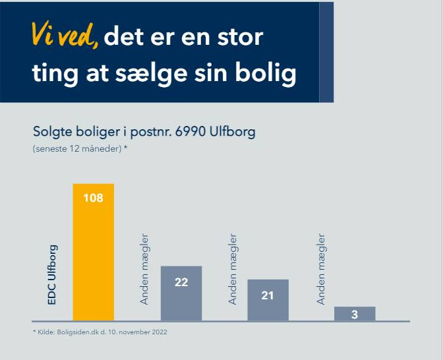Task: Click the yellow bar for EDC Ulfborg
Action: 93,264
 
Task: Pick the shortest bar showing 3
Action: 355,314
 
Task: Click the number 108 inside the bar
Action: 93,197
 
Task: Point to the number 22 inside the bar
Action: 181,282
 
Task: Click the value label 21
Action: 268,296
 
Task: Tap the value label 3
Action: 355,315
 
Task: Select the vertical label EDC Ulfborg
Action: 53,275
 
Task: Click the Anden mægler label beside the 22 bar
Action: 145,269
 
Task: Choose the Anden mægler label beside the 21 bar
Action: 233,269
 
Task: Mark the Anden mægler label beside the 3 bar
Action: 321,269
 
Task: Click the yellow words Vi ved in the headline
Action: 65,37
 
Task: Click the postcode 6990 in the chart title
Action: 188,131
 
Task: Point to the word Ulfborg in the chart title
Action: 231,131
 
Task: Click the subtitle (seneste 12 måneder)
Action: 80,149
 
